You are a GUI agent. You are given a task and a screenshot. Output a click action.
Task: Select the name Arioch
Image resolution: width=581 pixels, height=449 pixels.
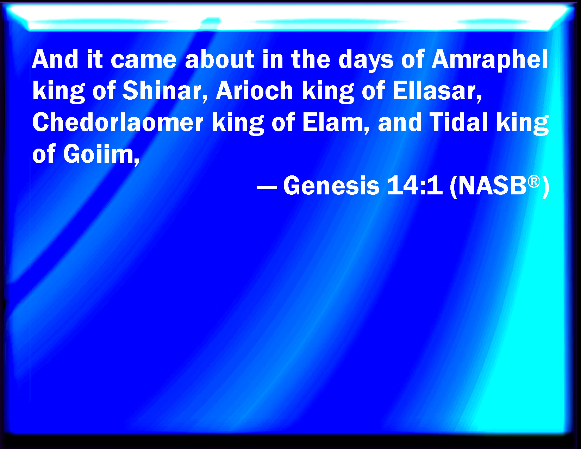254,91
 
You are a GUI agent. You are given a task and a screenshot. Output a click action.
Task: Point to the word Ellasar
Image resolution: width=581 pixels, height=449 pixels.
437,91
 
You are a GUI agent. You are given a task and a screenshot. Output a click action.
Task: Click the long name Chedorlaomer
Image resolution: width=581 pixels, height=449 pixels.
118,122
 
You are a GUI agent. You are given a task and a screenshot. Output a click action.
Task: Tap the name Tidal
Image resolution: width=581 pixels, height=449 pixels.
459,122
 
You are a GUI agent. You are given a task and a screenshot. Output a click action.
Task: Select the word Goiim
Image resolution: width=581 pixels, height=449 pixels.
101,154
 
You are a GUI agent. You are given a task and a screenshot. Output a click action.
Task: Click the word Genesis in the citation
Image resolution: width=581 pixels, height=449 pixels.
331,186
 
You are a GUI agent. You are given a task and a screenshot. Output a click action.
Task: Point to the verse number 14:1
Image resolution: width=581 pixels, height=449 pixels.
415,186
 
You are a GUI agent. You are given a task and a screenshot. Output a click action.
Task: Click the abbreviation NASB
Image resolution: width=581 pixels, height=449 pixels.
493,186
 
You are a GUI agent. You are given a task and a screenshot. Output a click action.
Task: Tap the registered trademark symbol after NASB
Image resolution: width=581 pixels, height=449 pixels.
534,182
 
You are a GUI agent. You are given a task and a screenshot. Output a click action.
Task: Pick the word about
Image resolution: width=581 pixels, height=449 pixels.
219,59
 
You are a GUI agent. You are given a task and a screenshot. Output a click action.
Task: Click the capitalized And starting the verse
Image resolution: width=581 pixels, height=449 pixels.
55,59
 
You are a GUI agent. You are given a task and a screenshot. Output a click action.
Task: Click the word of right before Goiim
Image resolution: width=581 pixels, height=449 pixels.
44,154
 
